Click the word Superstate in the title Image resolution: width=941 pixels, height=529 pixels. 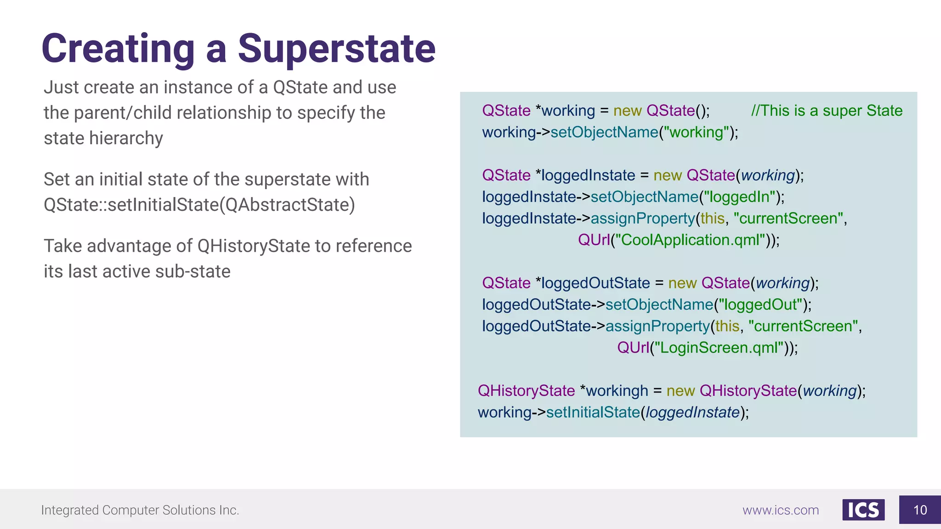pyautogui.click(x=336, y=49)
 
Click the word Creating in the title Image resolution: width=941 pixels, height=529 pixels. pyautogui.click(x=119, y=49)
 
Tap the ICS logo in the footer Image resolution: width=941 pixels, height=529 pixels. pyautogui.click(x=863, y=510)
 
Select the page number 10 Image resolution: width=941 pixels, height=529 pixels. pyautogui.click(x=920, y=510)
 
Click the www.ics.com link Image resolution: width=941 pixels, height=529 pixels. pyautogui.click(x=781, y=510)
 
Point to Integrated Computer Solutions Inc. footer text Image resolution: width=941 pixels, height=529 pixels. pyautogui.click(x=140, y=510)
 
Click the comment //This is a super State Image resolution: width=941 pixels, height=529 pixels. pyautogui.click(x=827, y=111)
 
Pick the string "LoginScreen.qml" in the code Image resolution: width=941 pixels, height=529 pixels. pyautogui.click(x=719, y=348)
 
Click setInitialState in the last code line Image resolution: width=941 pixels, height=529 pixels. pyautogui.click(x=593, y=412)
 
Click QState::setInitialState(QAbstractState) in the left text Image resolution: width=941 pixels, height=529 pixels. pyautogui.click(x=199, y=205)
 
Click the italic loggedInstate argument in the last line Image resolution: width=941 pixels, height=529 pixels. pyautogui.click(x=692, y=412)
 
